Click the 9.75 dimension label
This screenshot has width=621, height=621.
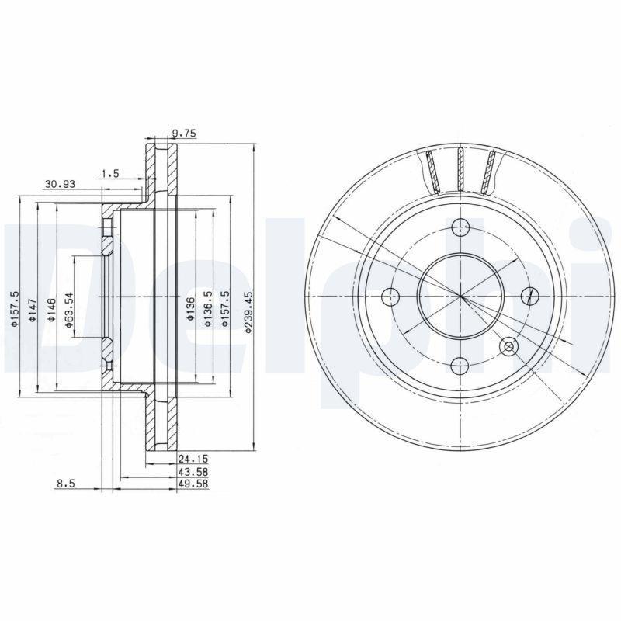tap(185, 134)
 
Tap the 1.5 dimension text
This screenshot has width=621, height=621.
tap(109, 174)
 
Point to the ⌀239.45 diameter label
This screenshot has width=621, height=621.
tap(248, 313)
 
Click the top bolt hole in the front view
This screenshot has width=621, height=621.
tap(461, 227)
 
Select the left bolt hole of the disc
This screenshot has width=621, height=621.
tap(391, 296)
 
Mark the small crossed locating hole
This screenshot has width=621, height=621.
tap(509, 346)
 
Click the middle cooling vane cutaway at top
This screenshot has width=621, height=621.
tap(461, 169)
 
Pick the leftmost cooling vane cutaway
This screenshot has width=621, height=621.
tap(432, 171)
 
